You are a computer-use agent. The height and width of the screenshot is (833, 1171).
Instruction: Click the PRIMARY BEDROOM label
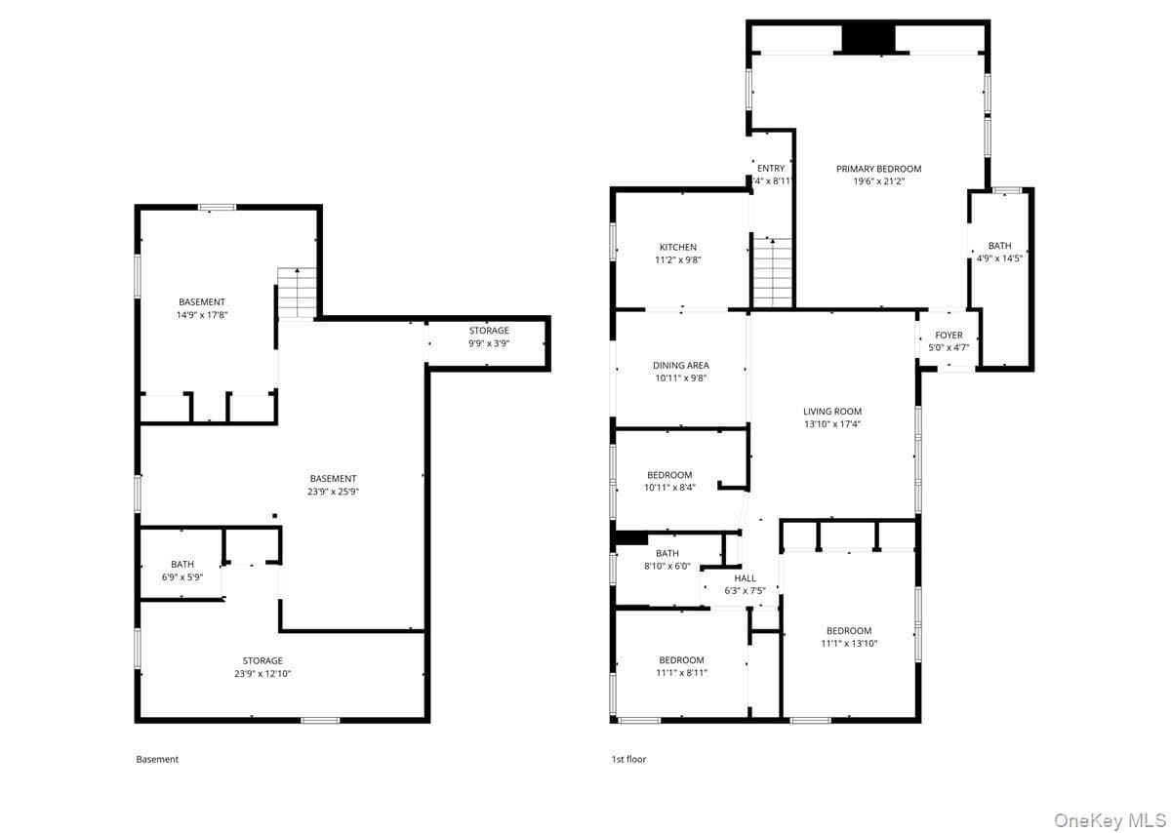[x=878, y=169]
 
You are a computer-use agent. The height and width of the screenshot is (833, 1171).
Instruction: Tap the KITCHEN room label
[x=677, y=247]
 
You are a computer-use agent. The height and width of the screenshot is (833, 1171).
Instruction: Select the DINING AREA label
[x=681, y=365]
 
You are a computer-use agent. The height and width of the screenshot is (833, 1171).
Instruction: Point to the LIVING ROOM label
[x=832, y=412]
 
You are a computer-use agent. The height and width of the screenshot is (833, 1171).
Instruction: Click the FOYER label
[x=949, y=335]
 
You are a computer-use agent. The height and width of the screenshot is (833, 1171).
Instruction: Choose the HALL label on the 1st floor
[x=745, y=578]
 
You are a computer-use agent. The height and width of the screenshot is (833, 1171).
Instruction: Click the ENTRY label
[x=771, y=169]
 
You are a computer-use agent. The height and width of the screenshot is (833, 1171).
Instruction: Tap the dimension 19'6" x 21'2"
[x=879, y=181]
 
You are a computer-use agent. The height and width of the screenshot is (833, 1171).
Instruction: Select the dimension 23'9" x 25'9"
[x=333, y=492]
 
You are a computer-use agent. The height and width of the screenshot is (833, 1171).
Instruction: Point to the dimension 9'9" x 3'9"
[x=489, y=343]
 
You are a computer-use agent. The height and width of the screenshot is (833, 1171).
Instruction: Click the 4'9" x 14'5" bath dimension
[x=999, y=258]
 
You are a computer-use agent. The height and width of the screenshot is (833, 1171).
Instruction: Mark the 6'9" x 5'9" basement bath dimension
[x=182, y=576]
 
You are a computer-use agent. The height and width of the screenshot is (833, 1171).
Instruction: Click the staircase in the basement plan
[x=297, y=293]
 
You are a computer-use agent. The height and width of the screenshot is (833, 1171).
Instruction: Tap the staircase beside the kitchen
[x=772, y=272]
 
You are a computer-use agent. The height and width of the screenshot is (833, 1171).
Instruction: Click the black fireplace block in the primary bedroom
[x=868, y=38]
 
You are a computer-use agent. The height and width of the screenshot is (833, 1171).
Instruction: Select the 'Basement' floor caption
[x=157, y=759]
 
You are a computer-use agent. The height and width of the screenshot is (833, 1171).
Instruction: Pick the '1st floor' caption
[x=628, y=759]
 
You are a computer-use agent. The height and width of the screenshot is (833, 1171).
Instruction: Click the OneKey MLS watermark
[x=1110, y=821]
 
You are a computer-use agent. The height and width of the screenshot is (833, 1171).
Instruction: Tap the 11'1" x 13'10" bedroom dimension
[x=849, y=644]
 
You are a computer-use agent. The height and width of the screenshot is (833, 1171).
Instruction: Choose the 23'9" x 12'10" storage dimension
[x=262, y=674]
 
